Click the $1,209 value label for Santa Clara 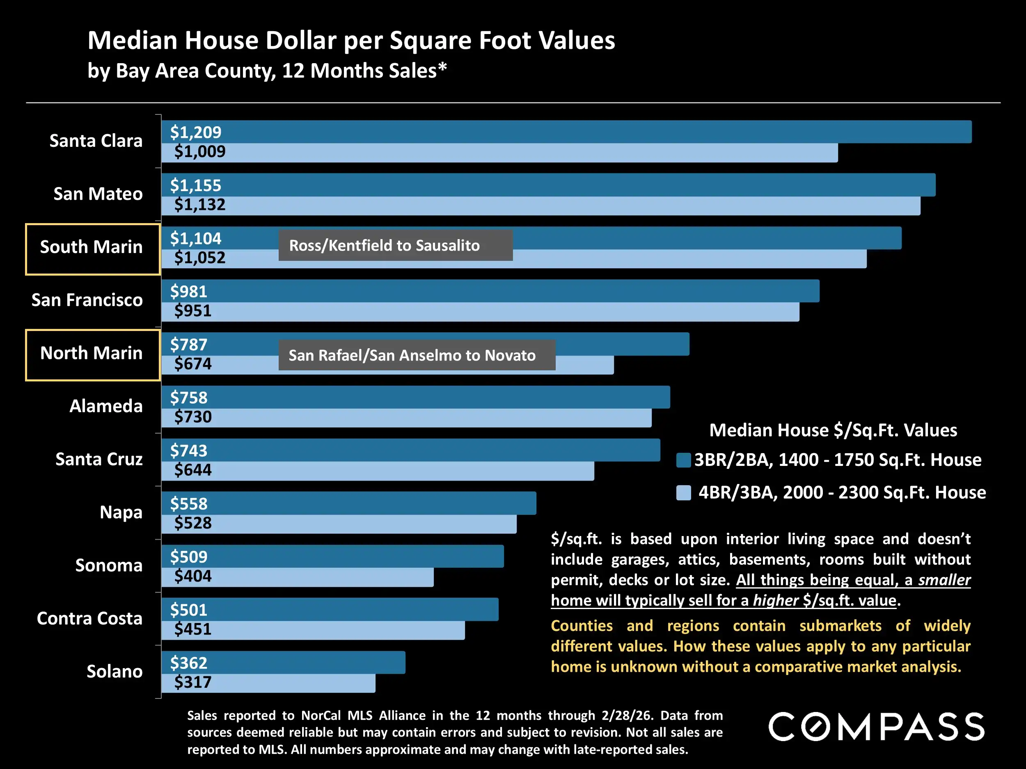(x=195, y=132)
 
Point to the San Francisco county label (x=87, y=300)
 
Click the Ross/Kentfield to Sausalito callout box (x=395, y=245)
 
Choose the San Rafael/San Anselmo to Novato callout (x=417, y=355)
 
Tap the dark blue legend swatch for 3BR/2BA (x=683, y=460)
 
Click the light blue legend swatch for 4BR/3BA (x=683, y=493)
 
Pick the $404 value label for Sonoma (x=192, y=576)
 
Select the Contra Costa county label (x=89, y=618)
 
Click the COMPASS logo (x=876, y=727)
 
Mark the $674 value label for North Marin (x=192, y=364)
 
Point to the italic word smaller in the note (x=944, y=580)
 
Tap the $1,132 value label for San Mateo (x=199, y=204)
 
